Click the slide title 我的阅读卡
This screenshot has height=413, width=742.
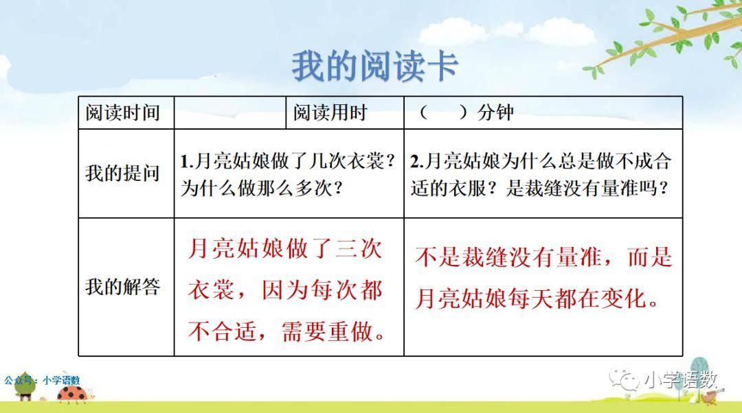coord(374,66)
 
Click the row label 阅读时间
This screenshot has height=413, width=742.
coord(122,113)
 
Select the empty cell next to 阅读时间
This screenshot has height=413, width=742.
coord(230,113)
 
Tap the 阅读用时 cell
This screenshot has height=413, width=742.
coord(330,113)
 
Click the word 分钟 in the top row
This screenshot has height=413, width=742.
coord(495,113)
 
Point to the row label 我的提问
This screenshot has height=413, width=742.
coord(122,173)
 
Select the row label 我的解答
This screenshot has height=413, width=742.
coord(122,287)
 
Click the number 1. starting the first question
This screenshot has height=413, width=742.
coord(186,162)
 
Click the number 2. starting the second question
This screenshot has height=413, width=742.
coord(417,162)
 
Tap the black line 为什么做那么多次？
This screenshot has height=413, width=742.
coord(261,189)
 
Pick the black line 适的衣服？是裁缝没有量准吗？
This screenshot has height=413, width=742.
coord(539,189)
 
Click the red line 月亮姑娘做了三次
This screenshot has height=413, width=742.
coord(285,248)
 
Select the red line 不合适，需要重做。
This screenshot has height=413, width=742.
coord(286,331)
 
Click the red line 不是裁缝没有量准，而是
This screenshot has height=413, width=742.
coord(543,257)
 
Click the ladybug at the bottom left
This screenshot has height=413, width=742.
coord(72,393)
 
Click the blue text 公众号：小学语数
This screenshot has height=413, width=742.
coord(42,380)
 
